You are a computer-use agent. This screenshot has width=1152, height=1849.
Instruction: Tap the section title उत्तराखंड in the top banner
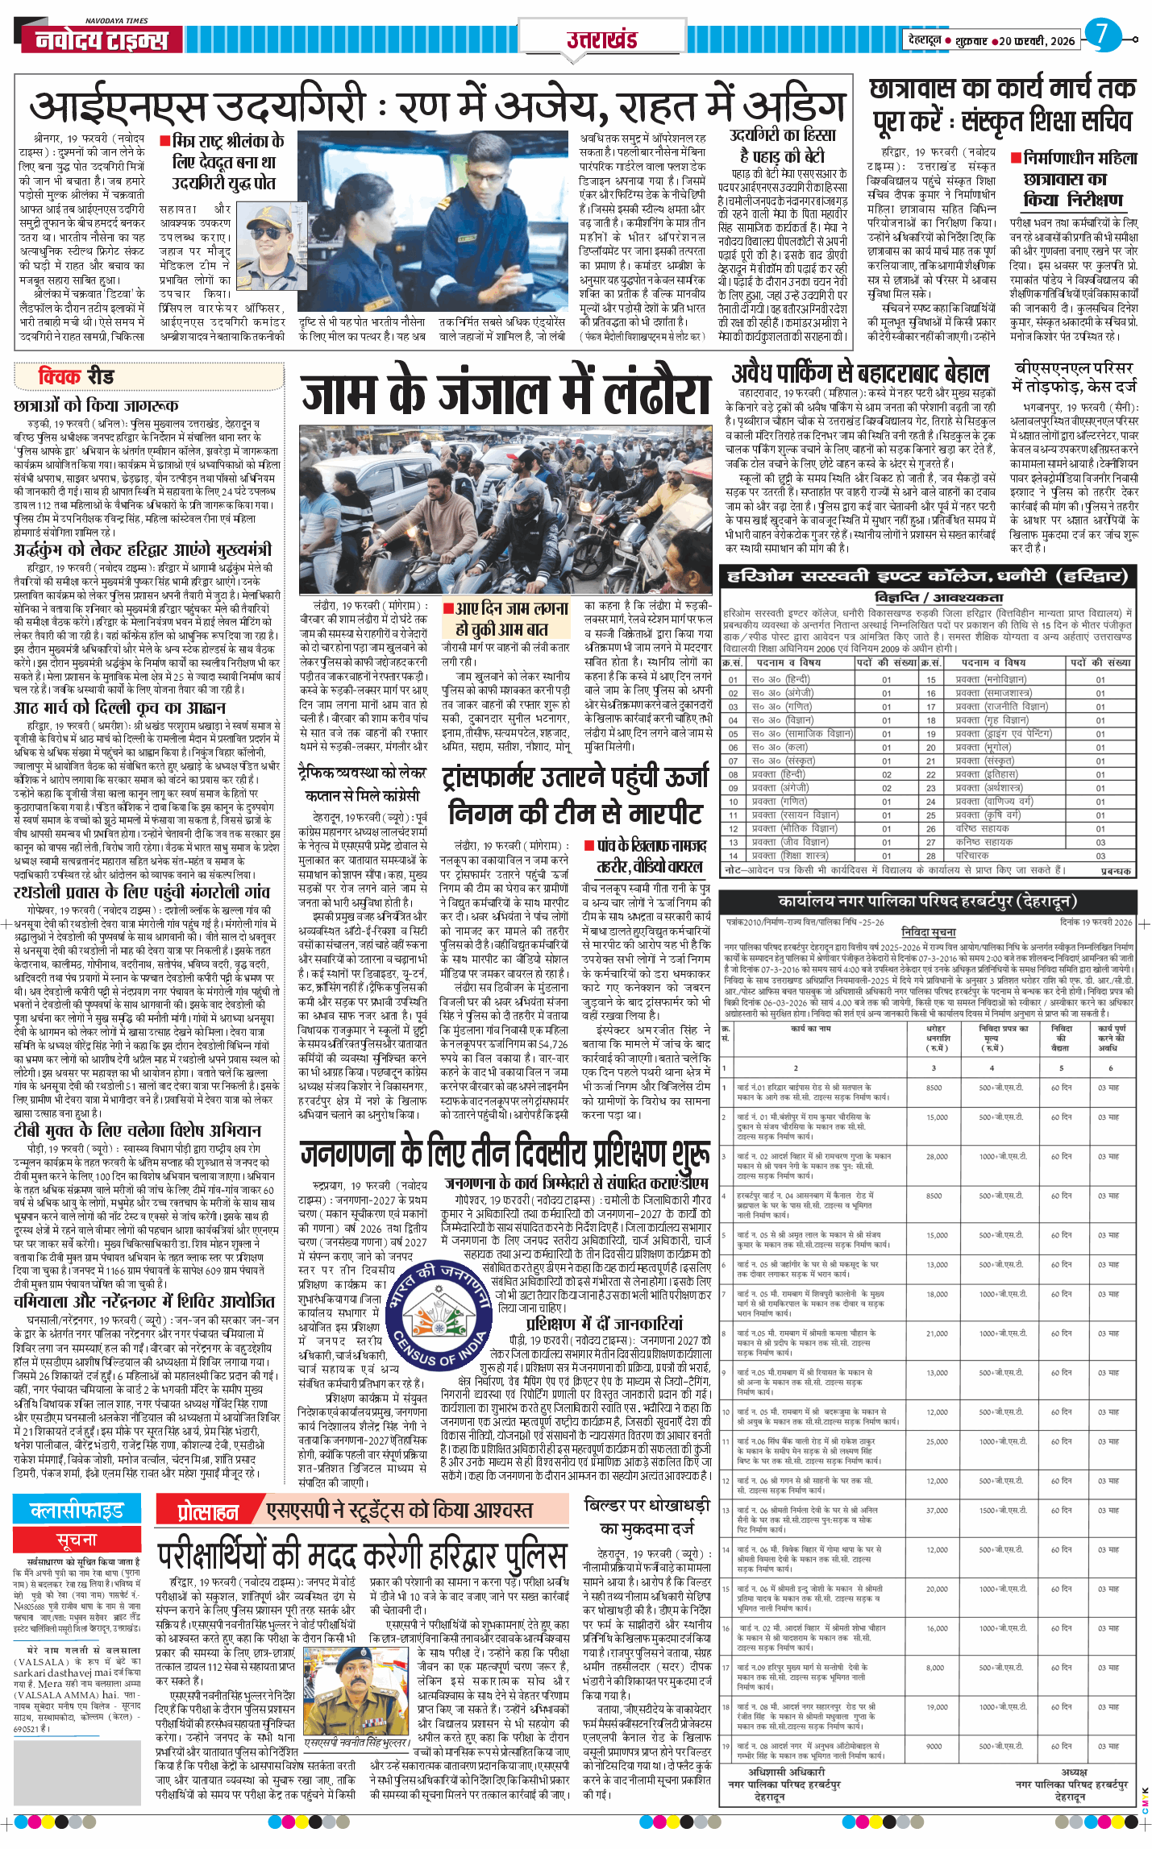601,39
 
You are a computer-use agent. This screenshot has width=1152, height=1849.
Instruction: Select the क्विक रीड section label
76,376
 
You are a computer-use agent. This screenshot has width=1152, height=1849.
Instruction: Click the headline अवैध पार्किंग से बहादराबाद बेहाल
860,373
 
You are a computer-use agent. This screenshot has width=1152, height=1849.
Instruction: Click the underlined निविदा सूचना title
928,932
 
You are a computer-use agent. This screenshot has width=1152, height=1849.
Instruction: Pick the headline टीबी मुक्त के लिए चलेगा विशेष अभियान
137,1130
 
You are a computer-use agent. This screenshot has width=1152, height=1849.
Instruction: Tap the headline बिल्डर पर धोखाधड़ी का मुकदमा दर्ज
647,1516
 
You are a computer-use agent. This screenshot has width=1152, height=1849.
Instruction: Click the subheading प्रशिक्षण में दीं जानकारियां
604,1323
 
